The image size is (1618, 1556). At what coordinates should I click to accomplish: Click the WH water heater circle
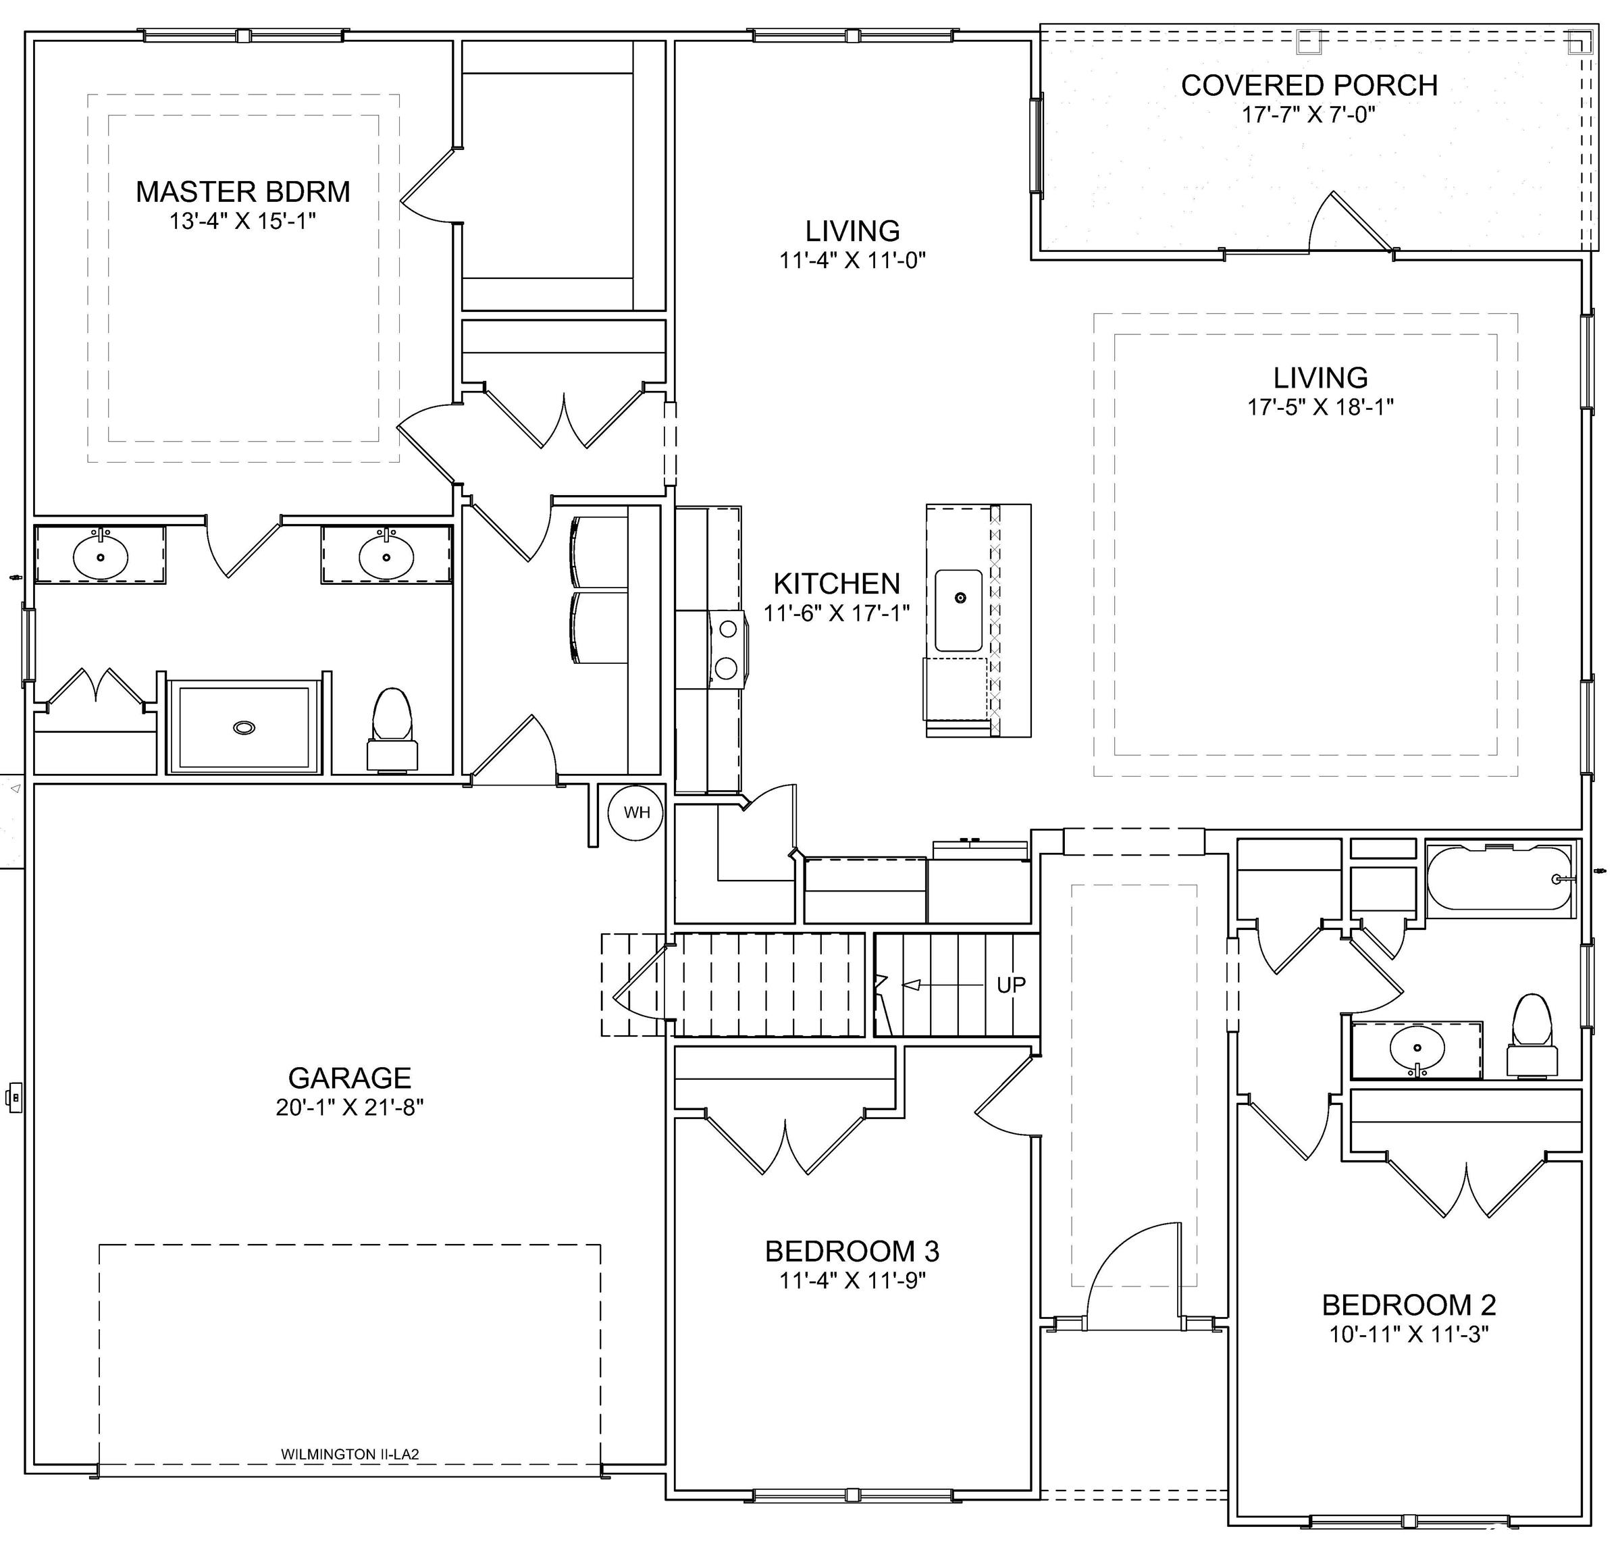coord(637,812)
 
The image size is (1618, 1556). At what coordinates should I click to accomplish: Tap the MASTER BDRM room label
coord(242,192)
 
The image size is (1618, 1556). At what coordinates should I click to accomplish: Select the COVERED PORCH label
coord(1309,85)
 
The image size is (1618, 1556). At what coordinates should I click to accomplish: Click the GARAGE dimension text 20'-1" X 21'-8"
coord(350,1107)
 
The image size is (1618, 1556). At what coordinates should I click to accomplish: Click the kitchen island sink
coord(958,610)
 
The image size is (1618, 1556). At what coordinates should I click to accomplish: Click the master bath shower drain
coord(244,727)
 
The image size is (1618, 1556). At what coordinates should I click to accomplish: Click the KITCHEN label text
coord(836,583)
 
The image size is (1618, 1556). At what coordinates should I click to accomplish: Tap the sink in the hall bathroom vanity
coord(1417,1050)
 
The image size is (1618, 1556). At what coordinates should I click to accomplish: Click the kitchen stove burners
coord(727,647)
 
